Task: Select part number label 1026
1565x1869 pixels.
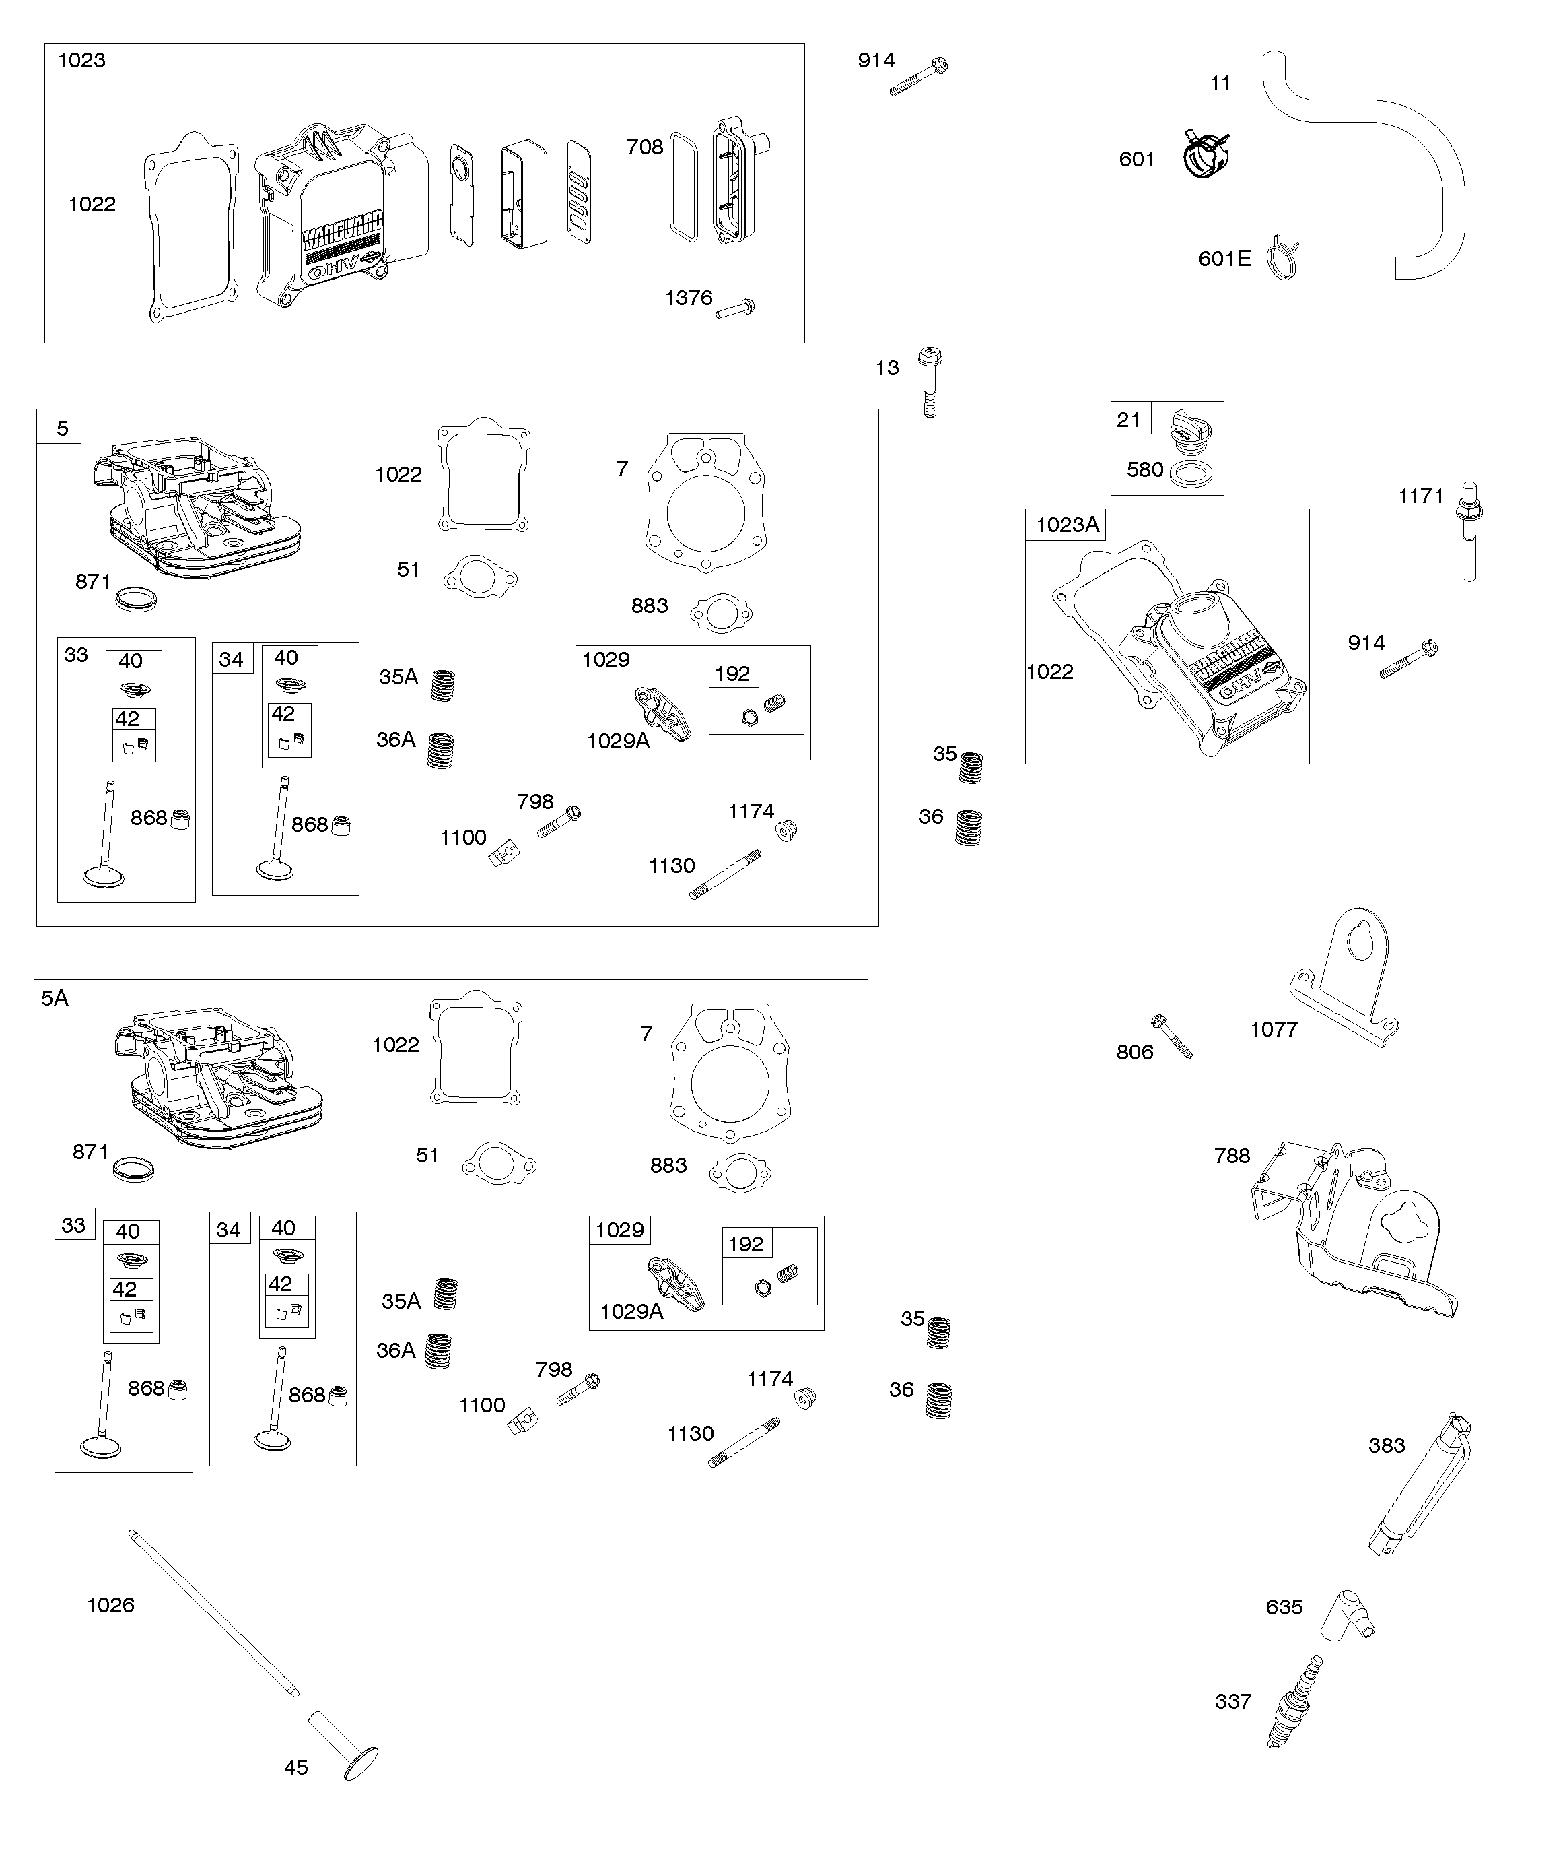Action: pyautogui.click(x=110, y=1606)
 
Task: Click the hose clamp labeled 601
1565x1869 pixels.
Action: pyautogui.click(x=1206, y=154)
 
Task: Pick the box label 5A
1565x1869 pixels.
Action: pyautogui.click(x=55, y=997)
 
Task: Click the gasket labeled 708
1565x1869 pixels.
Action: pyautogui.click(x=683, y=187)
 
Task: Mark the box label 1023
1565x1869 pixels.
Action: pyautogui.click(x=82, y=60)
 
